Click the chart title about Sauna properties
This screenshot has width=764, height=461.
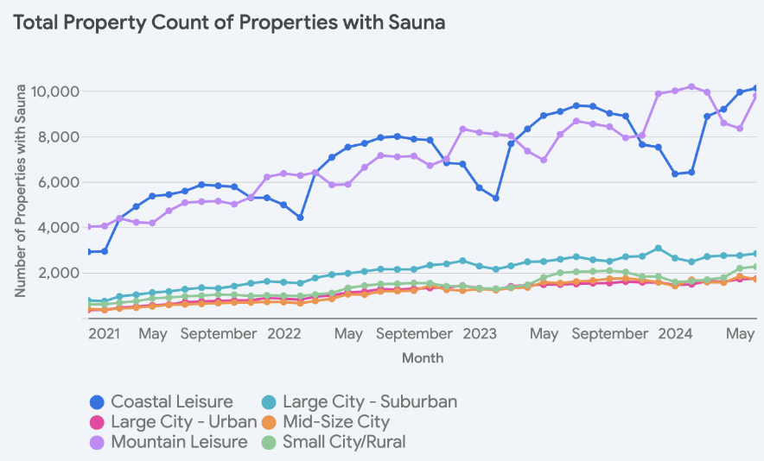pyautogui.click(x=229, y=23)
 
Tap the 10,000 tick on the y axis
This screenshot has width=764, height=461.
pyautogui.click(x=55, y=92)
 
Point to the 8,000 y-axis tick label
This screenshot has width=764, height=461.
pyautogui.click(x=59, y=136)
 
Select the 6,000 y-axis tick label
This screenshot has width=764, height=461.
pyautogui.click(x=59, y=182)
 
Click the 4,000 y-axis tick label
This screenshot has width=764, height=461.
pyautogui.click(x=59, y=228)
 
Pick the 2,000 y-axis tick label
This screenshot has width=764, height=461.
pyautogui.click(x=59, y=274)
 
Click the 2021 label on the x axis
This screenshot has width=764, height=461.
pyautogui.click(x=104, y=333)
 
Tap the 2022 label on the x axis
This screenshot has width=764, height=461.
pyautogui.click(x=283, y=333)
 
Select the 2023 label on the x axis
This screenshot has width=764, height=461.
pyautogui.click(x=478, y=333)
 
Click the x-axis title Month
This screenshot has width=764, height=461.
pyautogui.click(x=423, y=357)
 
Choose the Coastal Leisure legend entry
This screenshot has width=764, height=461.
pyautogui.click(x=162, y=401)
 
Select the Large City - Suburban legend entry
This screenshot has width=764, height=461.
pyautogui.click(x=359, y=401)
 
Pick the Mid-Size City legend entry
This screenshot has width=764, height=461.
pyautogui.click(x=326, y=422)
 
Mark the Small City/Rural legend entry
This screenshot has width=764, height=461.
pyautogui.click(x=333, y=442)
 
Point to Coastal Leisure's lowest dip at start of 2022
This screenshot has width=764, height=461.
pyautogui.click(x=300, y=218)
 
